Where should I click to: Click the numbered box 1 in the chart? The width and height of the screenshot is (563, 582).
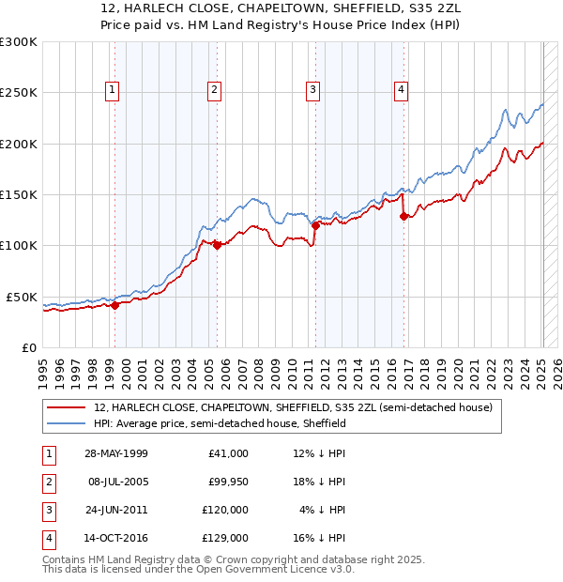[x=113, y=90]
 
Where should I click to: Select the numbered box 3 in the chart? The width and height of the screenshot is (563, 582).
[x=312, y=90]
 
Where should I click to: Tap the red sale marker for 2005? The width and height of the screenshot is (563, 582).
[x=216, y=246]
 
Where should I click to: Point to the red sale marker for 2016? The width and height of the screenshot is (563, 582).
[x=403, y=216]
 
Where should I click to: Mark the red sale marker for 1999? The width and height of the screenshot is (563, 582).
[x=114, y=305]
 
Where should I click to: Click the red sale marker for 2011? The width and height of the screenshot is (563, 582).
[x=315, y=225]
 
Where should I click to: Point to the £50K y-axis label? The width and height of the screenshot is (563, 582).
[x=22, y=297]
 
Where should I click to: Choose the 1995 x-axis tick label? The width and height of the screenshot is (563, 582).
[x=42, y=371]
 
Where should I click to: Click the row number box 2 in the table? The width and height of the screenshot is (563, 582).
[x=47, y=482]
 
